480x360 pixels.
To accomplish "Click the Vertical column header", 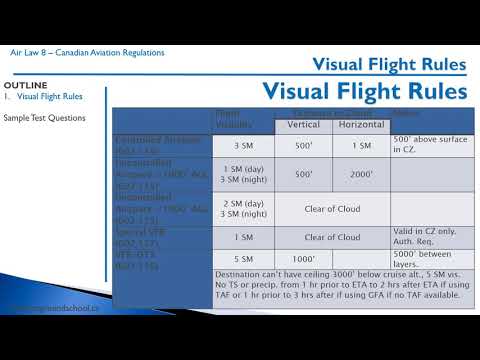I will coord(304,126).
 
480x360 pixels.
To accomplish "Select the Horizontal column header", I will coord(361,126).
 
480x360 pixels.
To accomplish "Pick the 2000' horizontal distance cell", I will coord(361,173).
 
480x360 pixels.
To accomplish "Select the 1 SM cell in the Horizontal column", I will coord(361,146).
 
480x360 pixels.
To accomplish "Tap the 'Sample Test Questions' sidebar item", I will coord(45,118).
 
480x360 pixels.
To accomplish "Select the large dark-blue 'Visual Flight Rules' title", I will coord(365,90).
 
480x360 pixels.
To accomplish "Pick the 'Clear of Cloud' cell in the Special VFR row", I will coord(332,237).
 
